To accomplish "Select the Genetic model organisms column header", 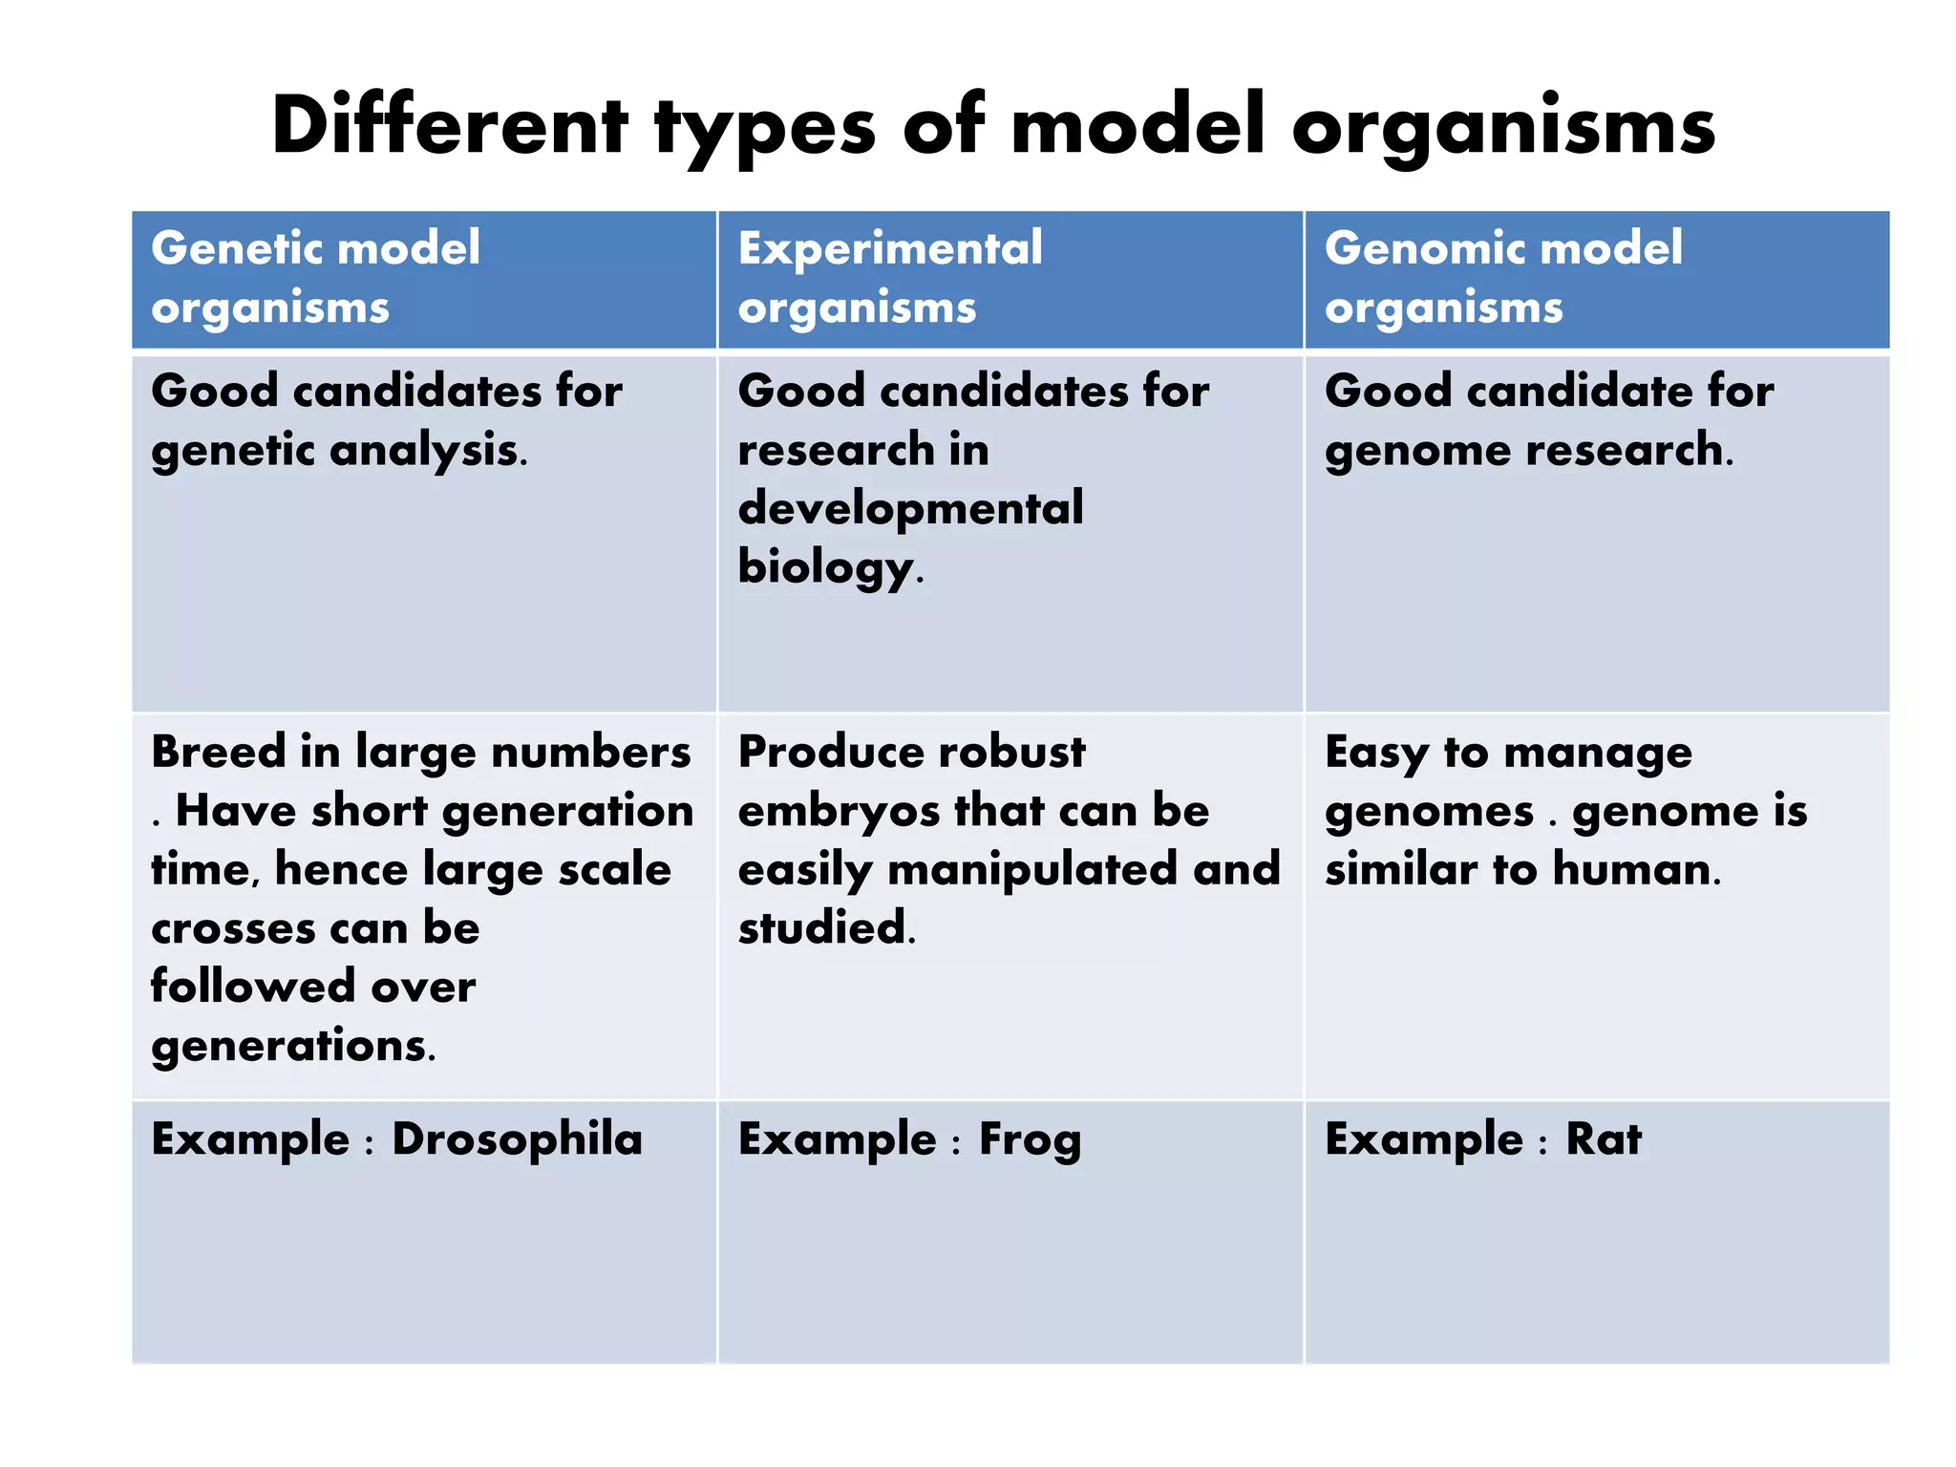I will pyautogui.click(x=315, y=277).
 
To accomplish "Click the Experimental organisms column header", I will pyautogui.click(x=889, y=277).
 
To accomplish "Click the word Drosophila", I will pyautogui.click(x=517, y=1139).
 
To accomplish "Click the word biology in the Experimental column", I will pyautogui.click(x=827, y=568).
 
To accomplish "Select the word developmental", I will pyautogui.click(x=910, y=509).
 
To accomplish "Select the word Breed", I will pyautogui.click(x=218, y=752).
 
